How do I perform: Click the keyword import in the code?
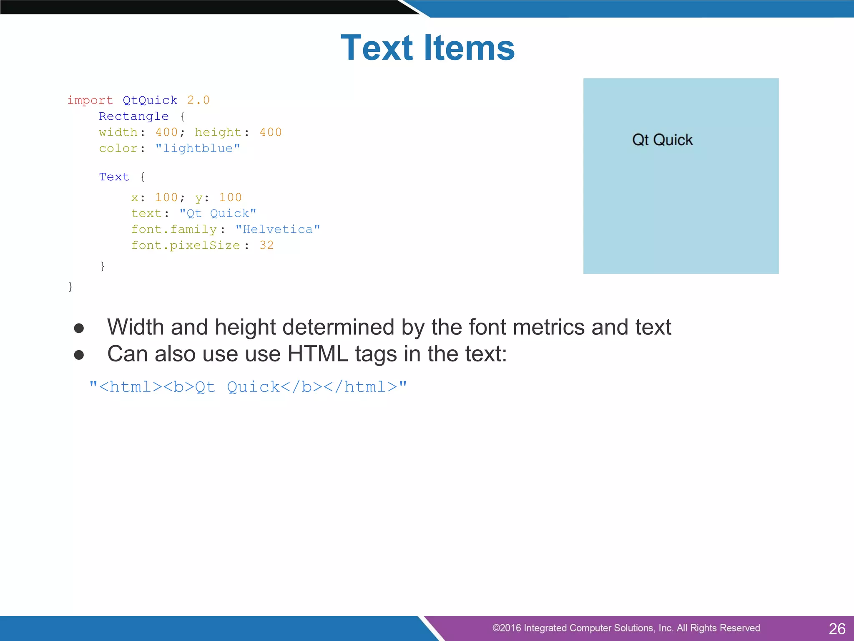click(90, 100)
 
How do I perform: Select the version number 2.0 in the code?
click(198, 100)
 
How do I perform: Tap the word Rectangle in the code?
click(134, 116)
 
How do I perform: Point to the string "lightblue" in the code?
click(198, 149)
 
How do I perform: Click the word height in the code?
click(218, 132)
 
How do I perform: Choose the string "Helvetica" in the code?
click(278, 230)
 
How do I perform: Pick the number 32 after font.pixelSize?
click(266, 245)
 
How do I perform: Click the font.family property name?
click(174, 230)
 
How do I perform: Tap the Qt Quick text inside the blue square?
click(662, 140)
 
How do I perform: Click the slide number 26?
click(836, 628)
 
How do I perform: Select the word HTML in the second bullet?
click(317, 354)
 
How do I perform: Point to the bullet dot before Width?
click(79, 328)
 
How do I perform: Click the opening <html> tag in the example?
click(131, 387)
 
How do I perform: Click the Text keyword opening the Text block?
click(114, 177)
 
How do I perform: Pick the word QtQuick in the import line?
click(150, 100)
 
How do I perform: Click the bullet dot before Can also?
click(79, 355)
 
